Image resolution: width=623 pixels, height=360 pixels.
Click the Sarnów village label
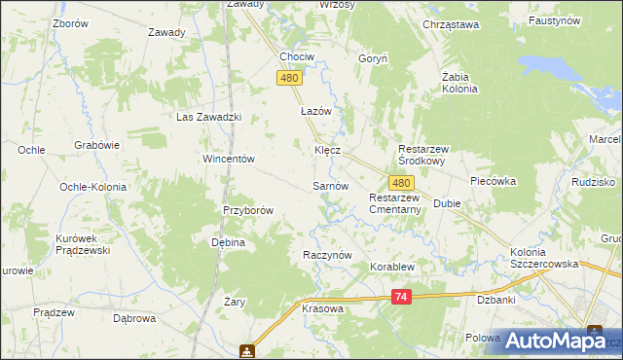pyautogui.click(x=330, y=185)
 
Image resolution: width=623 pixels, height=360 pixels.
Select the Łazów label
pyautogui.click(x=316, y=111)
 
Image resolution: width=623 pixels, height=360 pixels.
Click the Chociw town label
pyautogui.click(x=296, y=56)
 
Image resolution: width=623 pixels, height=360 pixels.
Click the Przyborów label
pyautogui.click(x=247, y=209)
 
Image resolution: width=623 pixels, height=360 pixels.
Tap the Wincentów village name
pyautogui.click(x=228, y=158)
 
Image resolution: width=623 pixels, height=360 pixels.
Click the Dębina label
pyautogui.click(x=227, y=242)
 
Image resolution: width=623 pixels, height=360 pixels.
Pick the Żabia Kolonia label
pyautogui.click(x=459, y=82)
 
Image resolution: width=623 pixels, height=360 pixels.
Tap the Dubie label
pyautogui.click(x=447, y=204)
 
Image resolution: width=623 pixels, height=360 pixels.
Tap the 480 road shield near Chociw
pyautogui.click(x=288, y=78)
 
